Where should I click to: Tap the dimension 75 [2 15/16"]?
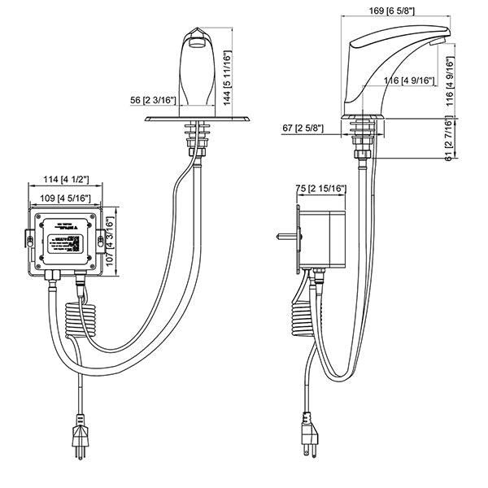(x=322, y=190)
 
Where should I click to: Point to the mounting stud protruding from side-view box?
(x=284, y=237)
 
